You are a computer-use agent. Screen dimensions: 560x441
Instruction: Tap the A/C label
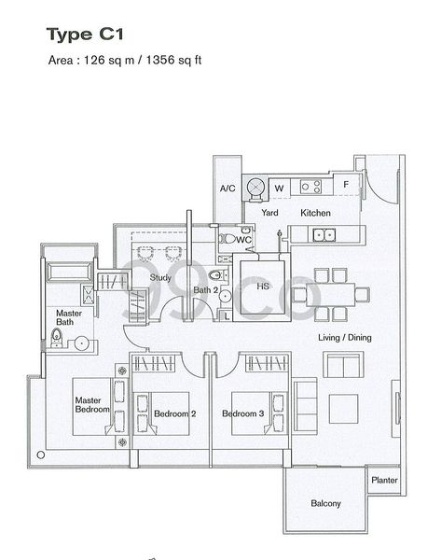click(x=227, y=189)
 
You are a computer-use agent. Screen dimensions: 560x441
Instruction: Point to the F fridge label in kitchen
click(x=346, y=185)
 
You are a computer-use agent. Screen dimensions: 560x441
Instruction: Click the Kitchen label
click(x=315, y=213)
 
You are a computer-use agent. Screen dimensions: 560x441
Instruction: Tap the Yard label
click(x=269, y=213)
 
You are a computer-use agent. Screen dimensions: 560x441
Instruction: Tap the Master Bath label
click(x=69, y=318)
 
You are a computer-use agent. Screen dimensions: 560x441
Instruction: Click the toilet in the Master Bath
click(x=58, y=339)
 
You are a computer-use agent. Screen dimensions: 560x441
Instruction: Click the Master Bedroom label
click(x=92, y=405)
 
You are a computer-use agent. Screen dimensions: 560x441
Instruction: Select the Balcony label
click(x=325, y=504)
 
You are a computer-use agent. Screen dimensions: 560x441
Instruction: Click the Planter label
click(x=383, y=481)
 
